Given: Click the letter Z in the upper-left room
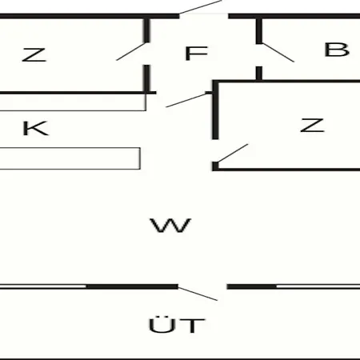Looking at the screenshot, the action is (34, 55).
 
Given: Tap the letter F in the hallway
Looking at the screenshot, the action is (196, 53).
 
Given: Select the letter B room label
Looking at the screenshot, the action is (337, 50).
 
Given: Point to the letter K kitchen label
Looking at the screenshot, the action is (36, 128).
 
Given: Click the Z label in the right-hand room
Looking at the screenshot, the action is (312, 126).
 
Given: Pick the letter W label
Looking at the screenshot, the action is (170, 226).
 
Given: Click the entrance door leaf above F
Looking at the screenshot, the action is (201, 6).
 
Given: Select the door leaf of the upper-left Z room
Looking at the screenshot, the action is (131, 51).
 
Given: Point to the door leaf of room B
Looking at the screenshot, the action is (278, 53).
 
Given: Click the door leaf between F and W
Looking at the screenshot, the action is (186, 100).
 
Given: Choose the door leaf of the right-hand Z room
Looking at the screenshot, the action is (234, 153).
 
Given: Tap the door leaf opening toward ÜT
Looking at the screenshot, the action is (198, 294).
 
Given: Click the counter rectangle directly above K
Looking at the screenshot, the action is (73, 102).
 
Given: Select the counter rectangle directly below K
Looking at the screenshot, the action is (70, 158).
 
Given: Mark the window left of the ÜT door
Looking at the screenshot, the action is (43, 286).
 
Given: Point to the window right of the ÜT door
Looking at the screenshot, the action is (318, 286).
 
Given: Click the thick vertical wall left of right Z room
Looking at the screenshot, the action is (215, 110).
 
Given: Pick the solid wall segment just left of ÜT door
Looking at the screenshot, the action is (132, 286).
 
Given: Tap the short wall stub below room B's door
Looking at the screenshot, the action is (259, 74).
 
